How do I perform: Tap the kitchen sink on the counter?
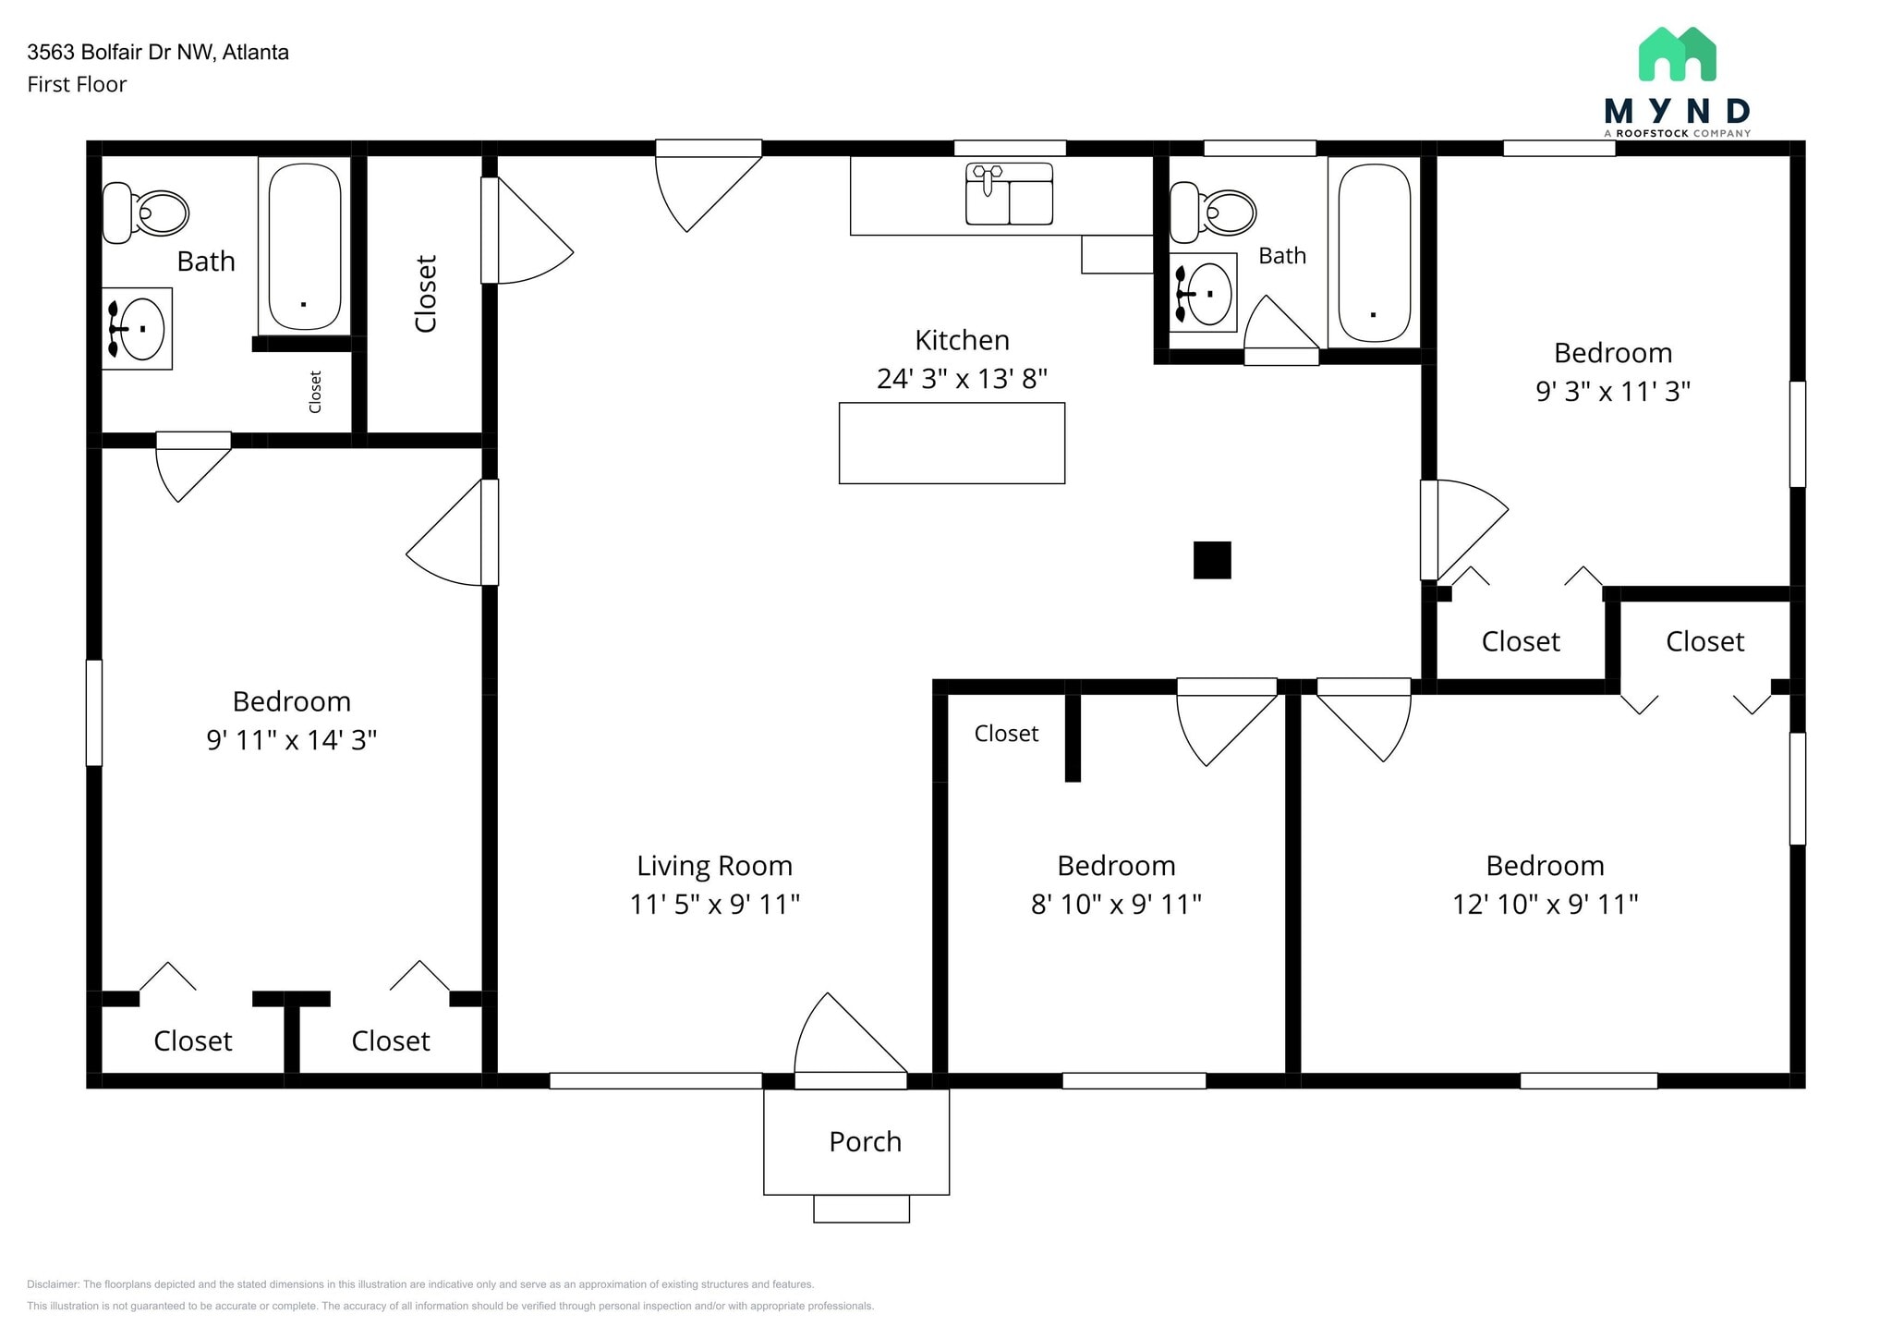tap(1009, 195)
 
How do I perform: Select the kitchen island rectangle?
tap(952, 443)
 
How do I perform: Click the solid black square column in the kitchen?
tap(1212, 560)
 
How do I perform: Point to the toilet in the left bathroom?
tap(146, 213)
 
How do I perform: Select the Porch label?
tap(865, 1142)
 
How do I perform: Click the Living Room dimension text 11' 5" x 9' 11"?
tap(714, 904)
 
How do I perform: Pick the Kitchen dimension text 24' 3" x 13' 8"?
tap(962, 379)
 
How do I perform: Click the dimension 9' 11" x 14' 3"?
tap(291, 740)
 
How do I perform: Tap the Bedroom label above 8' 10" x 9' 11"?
tap(1116, 866)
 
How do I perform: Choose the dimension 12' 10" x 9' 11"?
tap(1545, 904)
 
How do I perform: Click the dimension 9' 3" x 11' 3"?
tap(1613, 392)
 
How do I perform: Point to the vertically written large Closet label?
tap(426, 294)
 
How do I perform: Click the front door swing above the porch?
tap(845, 1040)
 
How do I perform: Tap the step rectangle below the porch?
tap(861, 1209)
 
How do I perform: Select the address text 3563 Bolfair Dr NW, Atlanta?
tap(158, 53)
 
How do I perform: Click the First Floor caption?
tap(77, 85)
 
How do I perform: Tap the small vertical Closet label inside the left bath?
tap(315, 392)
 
